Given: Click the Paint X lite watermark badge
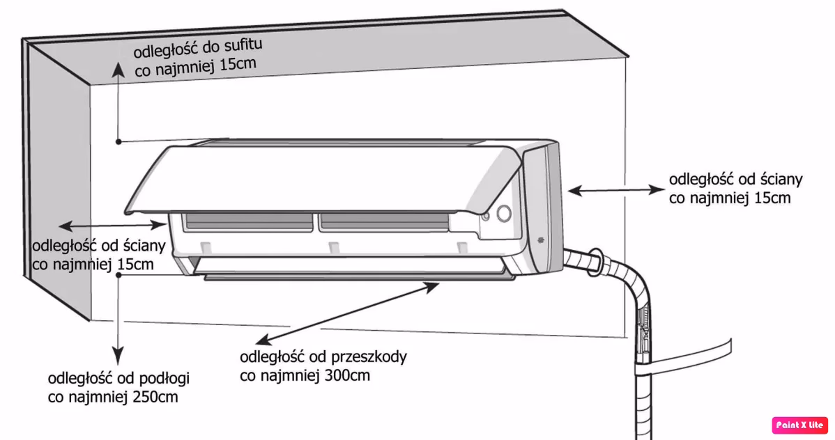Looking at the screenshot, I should [799, 425].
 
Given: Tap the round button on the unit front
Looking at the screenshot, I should [503, 213].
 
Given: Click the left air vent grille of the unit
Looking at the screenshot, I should [247, 222].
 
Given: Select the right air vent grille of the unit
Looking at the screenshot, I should [383, 222].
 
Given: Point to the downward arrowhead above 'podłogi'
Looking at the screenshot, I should [120, 353].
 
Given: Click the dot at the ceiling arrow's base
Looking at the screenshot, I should [120, 142].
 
